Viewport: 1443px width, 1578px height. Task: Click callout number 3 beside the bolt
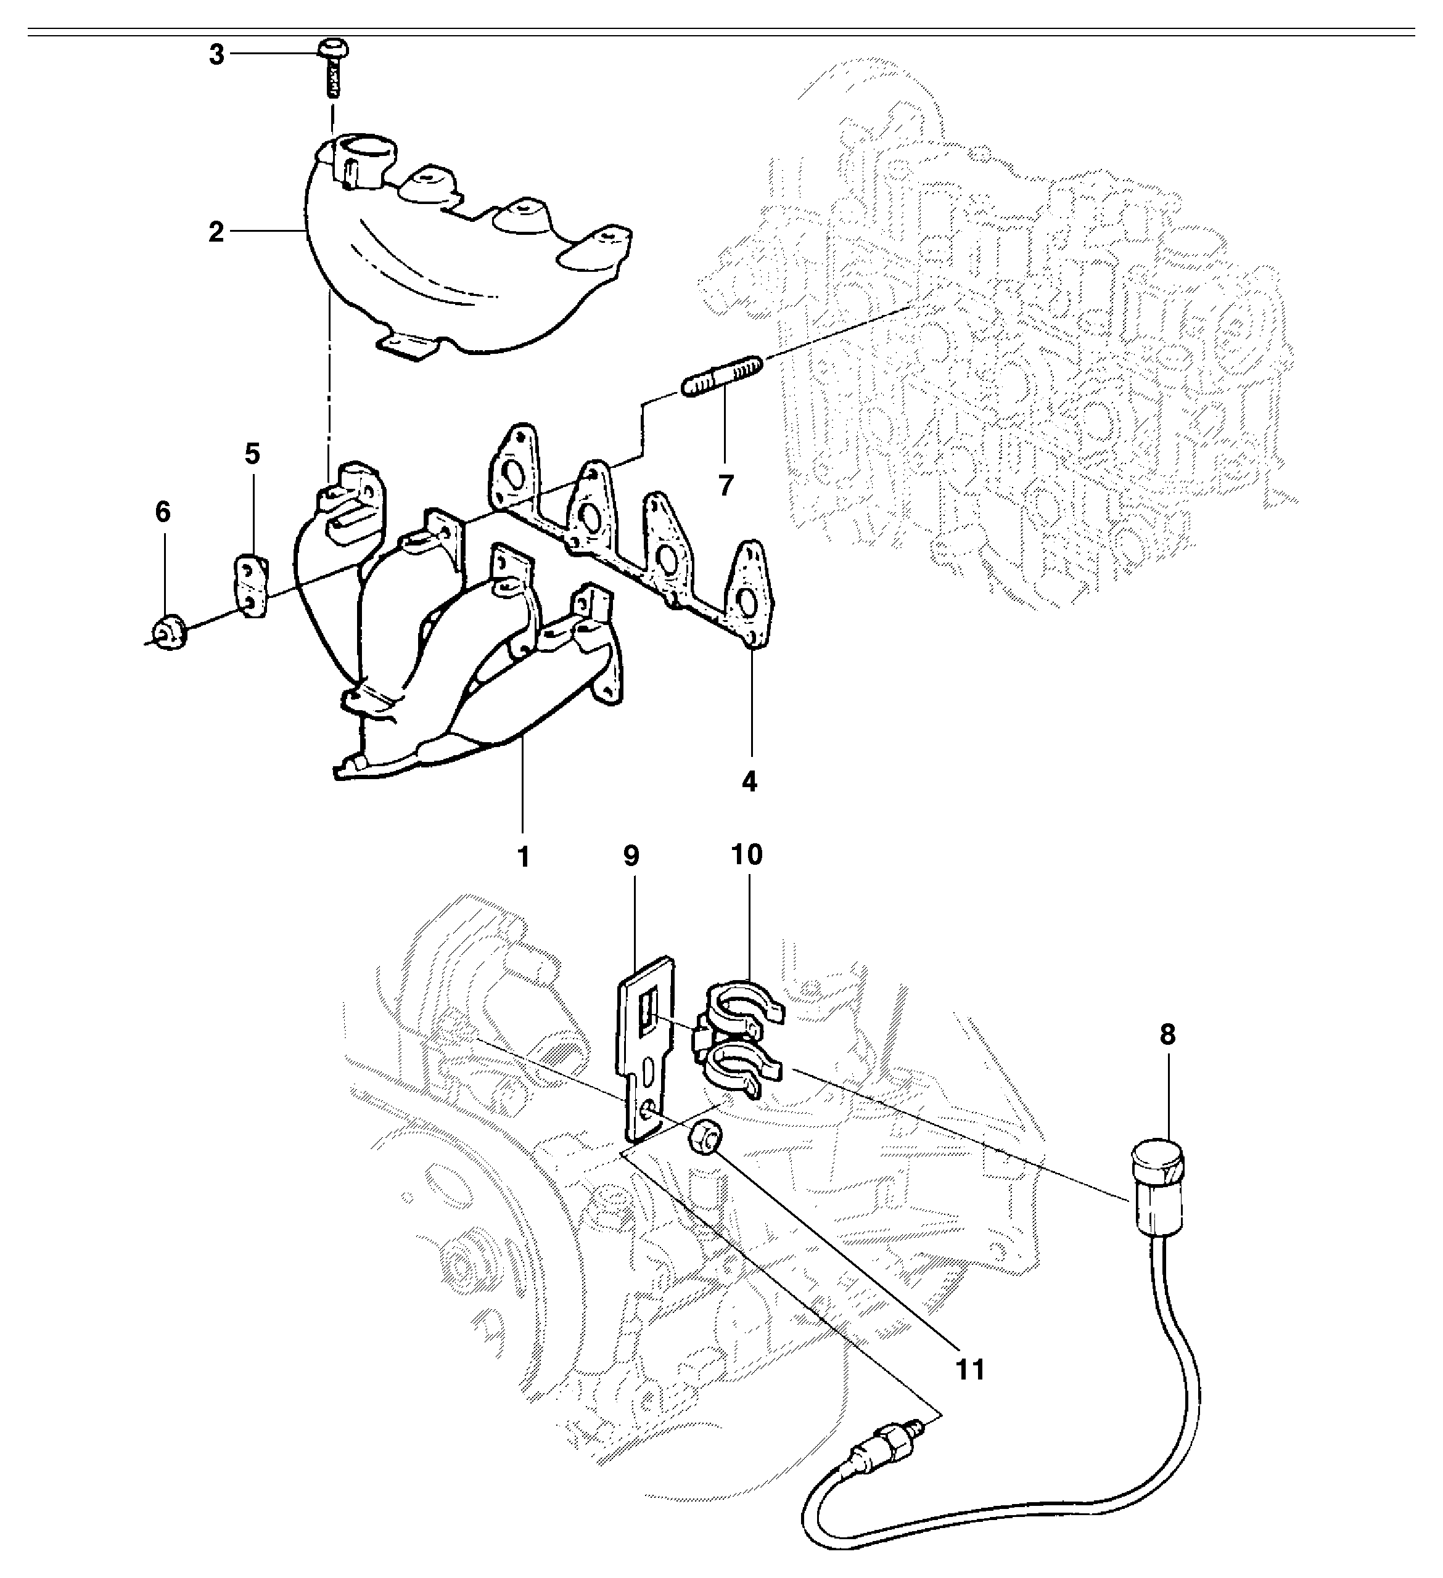pos(216,55)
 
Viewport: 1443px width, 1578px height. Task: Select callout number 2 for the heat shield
pos(216,232)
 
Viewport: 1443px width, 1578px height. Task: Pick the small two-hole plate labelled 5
pos(252,587)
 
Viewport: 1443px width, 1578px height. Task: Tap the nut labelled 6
pos(168,632)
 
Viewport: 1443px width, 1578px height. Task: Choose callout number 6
pos(162,512)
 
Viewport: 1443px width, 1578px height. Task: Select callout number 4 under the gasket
pos(749,780)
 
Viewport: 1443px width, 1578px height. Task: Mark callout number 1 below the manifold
pos(523,856)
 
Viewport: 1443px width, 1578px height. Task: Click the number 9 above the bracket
pos(631,856)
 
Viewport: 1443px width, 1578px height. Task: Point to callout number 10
pos(746,855)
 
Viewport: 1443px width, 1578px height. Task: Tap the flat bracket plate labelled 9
pos(645,1049)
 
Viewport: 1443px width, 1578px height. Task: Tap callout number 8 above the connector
pos(1167,1035)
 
